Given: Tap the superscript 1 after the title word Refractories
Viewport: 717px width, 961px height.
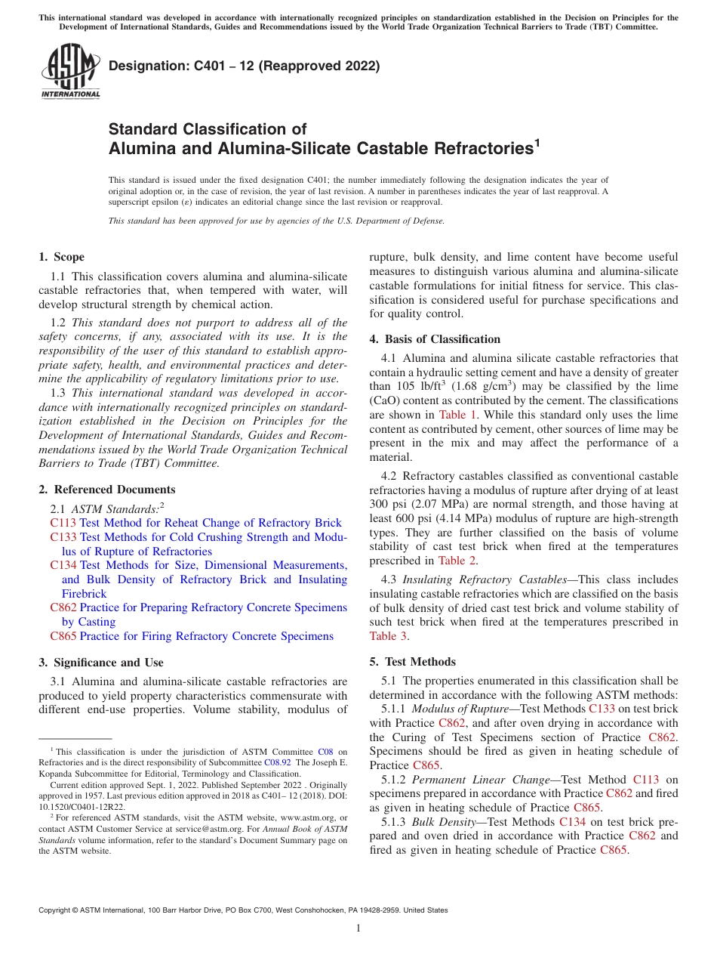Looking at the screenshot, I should (537, 142).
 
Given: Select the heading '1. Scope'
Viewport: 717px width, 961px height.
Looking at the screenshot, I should (62, 257).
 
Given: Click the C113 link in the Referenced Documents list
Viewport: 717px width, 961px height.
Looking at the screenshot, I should (63, 523).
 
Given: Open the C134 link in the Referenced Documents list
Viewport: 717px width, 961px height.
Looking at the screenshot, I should (63, 565).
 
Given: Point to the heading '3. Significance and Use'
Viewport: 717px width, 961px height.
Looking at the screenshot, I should (101, 663).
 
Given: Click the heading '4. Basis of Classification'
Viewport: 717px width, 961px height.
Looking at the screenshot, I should (435, 339).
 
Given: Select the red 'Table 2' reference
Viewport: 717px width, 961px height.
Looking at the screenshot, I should (457, 561).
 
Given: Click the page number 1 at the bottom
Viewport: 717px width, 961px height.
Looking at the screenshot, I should (358, 929).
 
